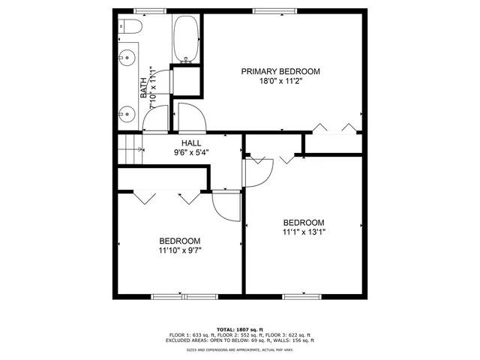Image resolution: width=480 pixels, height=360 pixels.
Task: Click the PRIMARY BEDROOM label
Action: [280, 71]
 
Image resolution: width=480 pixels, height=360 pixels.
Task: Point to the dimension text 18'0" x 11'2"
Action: [280, 82]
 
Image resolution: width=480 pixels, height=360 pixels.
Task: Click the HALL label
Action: [190, 142]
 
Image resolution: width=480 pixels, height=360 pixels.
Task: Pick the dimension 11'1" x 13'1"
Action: [303, 232]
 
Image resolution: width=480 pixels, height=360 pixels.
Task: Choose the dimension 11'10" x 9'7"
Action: [179, 251]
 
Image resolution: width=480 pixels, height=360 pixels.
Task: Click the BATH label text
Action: [144, 88]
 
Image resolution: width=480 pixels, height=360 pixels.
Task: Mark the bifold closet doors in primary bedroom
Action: [334, 127]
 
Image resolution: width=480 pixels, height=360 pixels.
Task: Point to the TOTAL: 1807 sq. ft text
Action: [239, 329]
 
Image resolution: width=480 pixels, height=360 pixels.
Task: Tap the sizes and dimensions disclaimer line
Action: [239, 349]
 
